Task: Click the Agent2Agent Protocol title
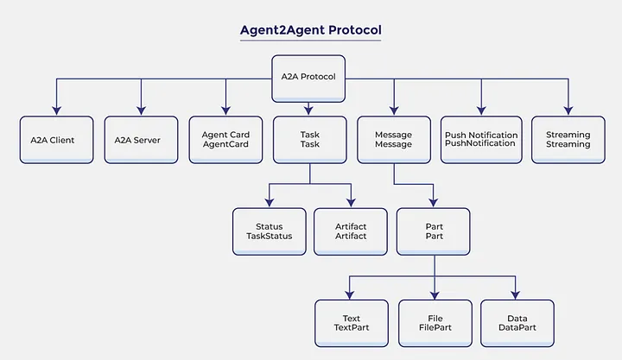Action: (310, 29)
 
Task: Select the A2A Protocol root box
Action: (308, 75)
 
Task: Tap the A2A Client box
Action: (56, 140)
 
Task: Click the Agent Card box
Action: (225, 140)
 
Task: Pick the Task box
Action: (309, 140)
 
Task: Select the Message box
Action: (393, 140)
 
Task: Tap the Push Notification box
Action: (481, 140)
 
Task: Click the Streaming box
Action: (568, 140)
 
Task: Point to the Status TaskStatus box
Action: (270, 231)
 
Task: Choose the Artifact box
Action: (350, 231)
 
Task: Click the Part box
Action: (435, 231)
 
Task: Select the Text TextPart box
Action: (351, 323)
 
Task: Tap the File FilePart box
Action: (435, 323)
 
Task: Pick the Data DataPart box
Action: (517, 323)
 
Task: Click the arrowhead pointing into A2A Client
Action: (56, 111)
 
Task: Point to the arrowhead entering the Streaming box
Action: (568, 111)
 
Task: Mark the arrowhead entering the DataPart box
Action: (517, 294)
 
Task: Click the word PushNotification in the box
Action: (481, 144)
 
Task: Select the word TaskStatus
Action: (270, 236)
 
